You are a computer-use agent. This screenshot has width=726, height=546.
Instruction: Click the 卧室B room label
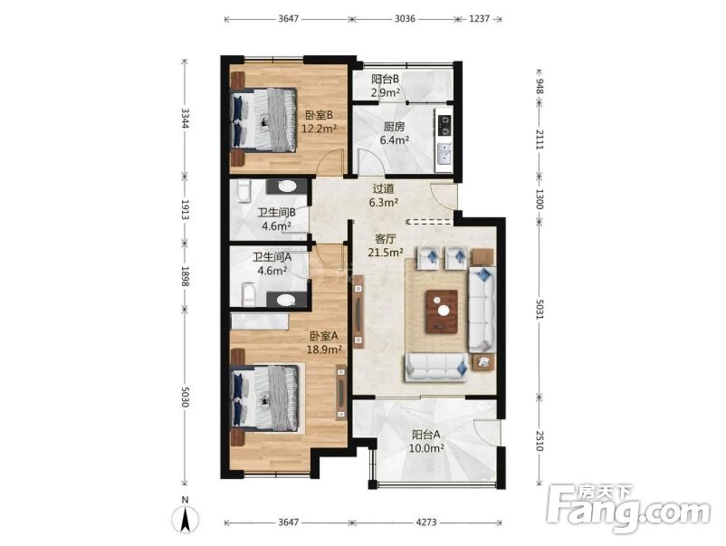319,115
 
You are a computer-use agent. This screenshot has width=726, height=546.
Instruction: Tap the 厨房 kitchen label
395,127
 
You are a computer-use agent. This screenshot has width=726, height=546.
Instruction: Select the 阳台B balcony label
386,79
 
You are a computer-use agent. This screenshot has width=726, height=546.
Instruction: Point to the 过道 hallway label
384,189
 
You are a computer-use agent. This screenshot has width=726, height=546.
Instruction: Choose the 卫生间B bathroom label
277,214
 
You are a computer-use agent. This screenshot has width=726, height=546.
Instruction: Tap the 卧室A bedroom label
323,335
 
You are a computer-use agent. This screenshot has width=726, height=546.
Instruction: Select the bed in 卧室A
266,398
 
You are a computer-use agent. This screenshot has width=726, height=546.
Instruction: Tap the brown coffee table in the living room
444,308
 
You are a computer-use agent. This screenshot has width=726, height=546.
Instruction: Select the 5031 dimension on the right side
539,303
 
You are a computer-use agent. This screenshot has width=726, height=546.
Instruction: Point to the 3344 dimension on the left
186,117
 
